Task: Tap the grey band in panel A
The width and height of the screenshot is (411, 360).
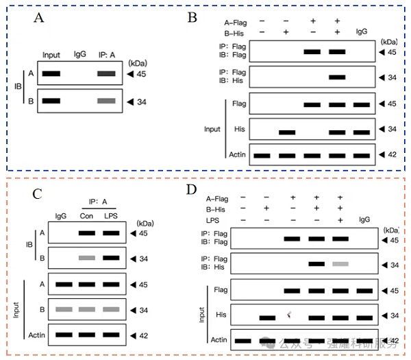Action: point(105,101)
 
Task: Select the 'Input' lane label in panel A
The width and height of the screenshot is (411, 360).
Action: point(51,55)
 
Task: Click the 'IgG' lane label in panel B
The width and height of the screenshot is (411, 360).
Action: point(362,32)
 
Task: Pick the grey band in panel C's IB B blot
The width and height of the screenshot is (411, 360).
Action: point(86,258)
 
